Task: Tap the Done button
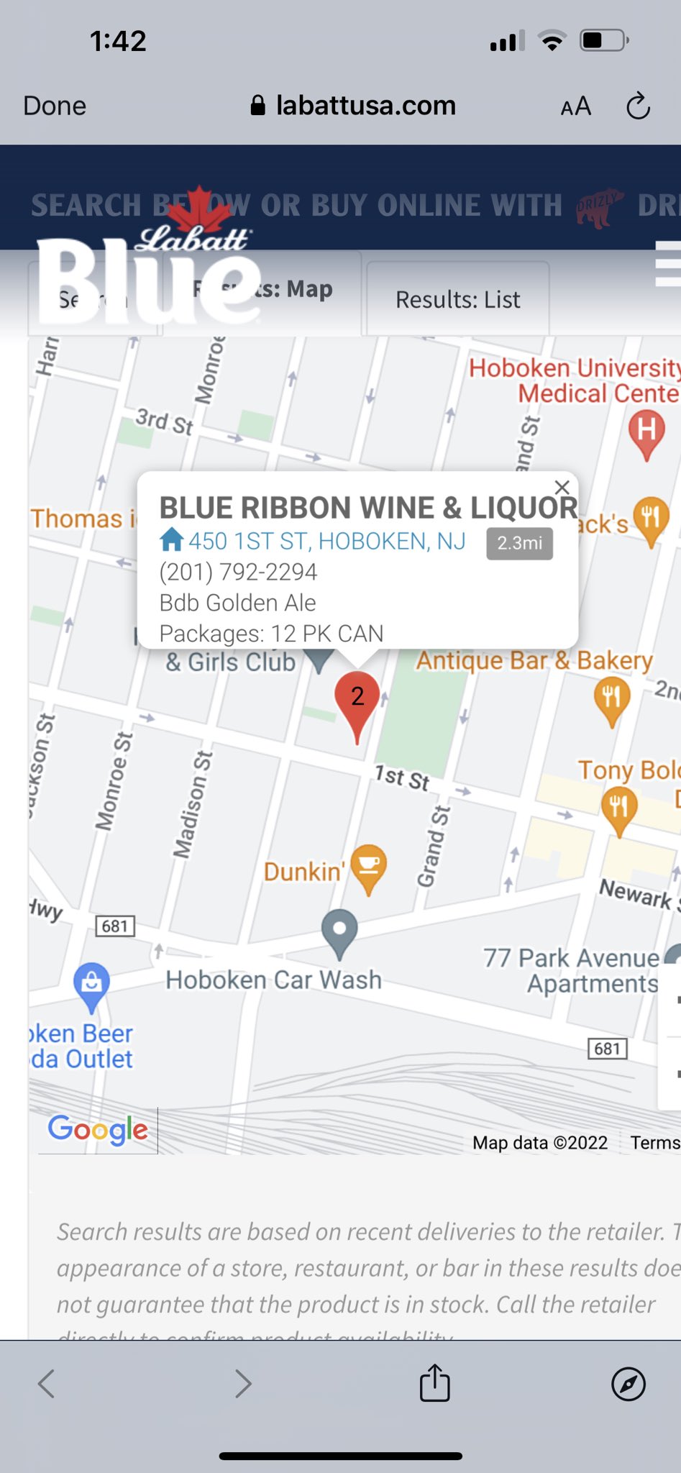click(x=55, y=106)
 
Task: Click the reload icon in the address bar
click(x=638, y=106)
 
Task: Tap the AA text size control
click(x=575, y=106)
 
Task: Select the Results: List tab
click(x=457, y=299)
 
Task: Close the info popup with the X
click(x=562, y=487)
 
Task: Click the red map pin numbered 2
click(x=357, y=700)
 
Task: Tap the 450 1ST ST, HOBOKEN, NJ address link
click(x=326, y=541)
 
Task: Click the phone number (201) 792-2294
click(x=238, y=572)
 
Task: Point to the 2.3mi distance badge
click(x=519, y=543)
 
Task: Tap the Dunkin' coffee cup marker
click(x=369, y=865)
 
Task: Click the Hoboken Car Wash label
click(x=273, y=980)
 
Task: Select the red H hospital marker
click(x=646, y=432)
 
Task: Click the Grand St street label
click(x=434, y=847)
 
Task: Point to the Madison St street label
click(x=192, y=804)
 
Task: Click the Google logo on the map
click(x=98, y=1130)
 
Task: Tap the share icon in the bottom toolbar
click(x=434, y=1382)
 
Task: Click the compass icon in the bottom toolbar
click(x=628, y=1383)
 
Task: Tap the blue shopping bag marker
click(x=92, y=983)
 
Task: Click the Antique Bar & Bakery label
click(x=534, y=660)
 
